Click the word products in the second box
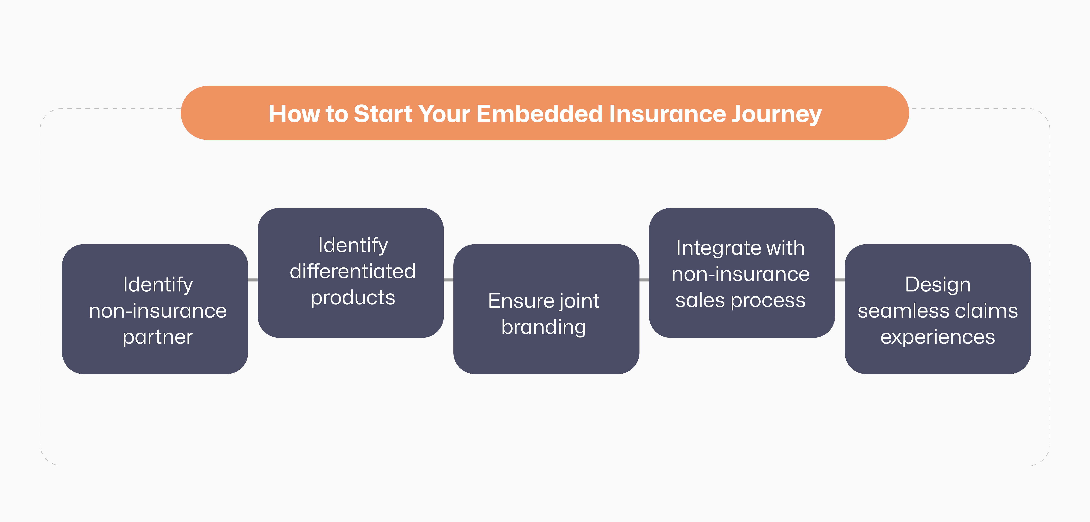pyautogui.click(x=352, y=298)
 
